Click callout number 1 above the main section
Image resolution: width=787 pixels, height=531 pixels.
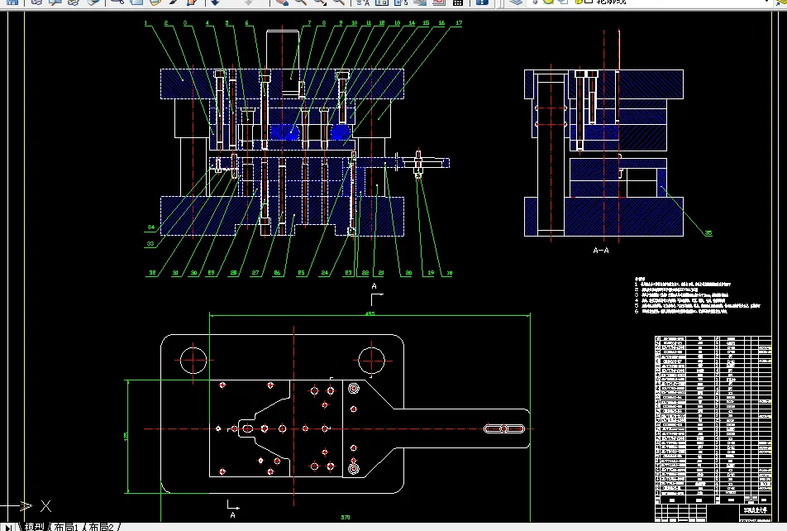pyautogui.click(x=145, y=24)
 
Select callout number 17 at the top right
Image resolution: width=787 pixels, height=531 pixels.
pyautogui.click(x=459, y=24)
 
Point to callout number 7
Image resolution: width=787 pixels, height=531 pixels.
pyautogui.click(x=310, y=24)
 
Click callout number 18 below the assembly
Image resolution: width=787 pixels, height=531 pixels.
pyautogui.click(x=450, y=272)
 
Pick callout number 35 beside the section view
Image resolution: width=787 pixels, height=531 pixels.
pyautogui.click(x=708, y=233)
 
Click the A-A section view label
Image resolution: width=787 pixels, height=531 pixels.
pyautogui.click(x=601, y=249)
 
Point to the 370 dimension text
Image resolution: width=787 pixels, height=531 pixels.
pyautogui.click(x=346, y=517)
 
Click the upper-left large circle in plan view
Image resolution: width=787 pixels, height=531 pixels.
pyautogui.click(x=192, y=359)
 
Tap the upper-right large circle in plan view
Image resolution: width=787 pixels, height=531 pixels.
pyautogui.click(x=372, y=359)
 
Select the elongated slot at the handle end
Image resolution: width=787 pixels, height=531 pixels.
pyautogui.click(x=504, y=429)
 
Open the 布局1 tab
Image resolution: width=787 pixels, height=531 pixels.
pyautogui.click(x=67, y=526)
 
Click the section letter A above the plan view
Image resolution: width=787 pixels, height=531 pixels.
pyautogui.click(x=374, y=286)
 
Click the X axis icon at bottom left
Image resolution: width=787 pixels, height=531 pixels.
pyautogui.click(x=46, y=505)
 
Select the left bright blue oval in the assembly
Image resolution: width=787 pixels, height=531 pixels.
pyautogui.click(x=285, y=132)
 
